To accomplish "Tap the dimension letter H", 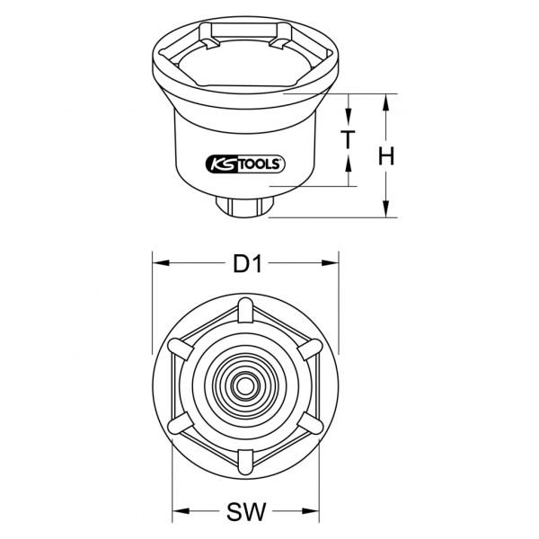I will pos(385,155).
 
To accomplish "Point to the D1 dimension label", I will pos(248,264).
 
